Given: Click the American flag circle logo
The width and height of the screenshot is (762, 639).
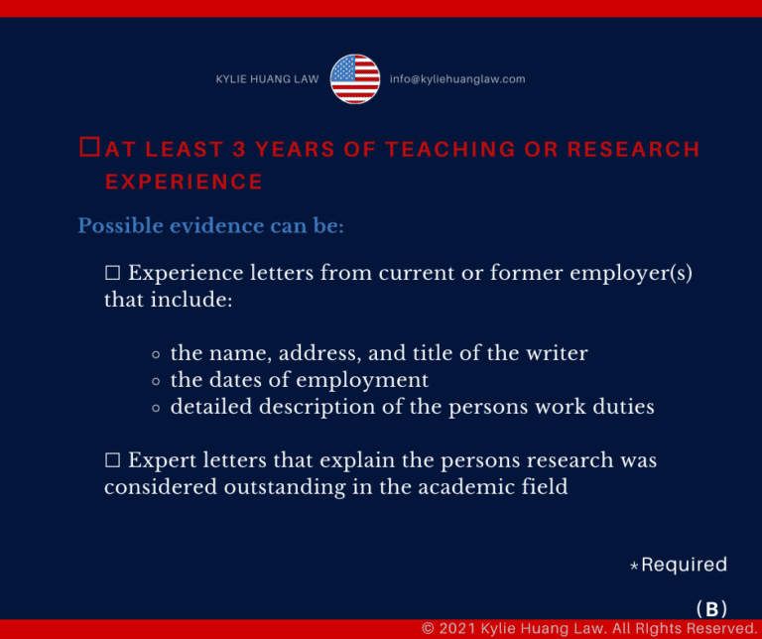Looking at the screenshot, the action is pos(355,78).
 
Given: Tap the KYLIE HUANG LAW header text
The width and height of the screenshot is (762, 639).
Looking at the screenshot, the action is pos(267,79).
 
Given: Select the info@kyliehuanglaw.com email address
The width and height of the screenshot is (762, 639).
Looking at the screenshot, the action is pos(457,79).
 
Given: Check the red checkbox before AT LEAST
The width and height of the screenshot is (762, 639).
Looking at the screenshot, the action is pos(90,147).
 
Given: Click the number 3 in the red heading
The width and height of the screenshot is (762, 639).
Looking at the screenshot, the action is pos(238,149).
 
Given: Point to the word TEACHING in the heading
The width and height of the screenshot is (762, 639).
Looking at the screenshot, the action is pos(449,149).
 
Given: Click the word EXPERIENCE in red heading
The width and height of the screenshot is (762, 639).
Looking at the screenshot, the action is pos(185,182).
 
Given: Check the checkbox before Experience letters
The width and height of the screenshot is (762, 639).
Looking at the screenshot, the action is pos(113,273).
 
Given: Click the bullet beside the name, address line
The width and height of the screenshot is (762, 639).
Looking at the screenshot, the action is pos(156,355).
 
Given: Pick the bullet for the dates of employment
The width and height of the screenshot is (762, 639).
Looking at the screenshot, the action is pos(156,381).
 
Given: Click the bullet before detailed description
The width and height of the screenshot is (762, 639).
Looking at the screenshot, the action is pos(156,408).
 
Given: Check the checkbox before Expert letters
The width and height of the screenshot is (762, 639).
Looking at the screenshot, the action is pos(113,459).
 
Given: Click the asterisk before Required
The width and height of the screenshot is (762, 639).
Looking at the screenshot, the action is pos(634,566).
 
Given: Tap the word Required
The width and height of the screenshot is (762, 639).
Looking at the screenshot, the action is pos(685,565).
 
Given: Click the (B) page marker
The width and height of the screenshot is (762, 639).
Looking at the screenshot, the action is pos(711,609).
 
